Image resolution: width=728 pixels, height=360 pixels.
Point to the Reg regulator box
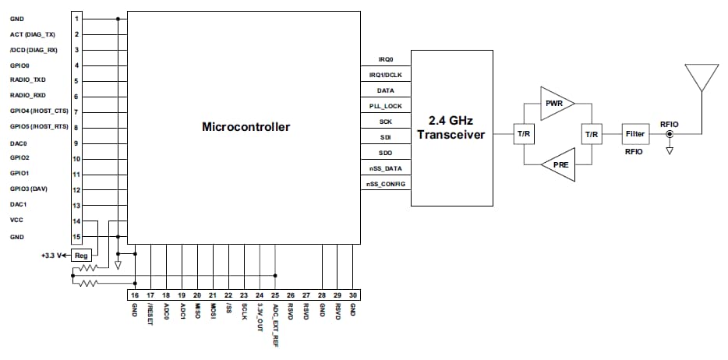(x=81, y=255)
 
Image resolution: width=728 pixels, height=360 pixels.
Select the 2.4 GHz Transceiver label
(x=451, y=128)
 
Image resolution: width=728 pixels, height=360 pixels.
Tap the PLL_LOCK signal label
(x=385, y=105)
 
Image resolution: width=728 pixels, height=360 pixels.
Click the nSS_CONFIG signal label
(x=385, y=184)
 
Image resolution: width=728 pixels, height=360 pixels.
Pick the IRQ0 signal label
(x=385, y=59)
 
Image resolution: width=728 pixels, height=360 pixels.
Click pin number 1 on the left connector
(x=76, y=18)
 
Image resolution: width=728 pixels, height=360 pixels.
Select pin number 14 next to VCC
(x=76, y=221)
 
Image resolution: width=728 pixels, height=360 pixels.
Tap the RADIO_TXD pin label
(x=28, y=80)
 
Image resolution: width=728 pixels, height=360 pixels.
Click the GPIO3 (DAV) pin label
(x=30, y=189)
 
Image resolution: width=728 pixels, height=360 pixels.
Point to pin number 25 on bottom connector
(x=274, y=295)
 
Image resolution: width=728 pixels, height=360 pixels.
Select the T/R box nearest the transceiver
(x=522, y=134)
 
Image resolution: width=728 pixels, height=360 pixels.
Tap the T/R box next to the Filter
(x=591, y=134)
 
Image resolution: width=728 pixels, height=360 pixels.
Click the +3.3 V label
(x=52, y=255)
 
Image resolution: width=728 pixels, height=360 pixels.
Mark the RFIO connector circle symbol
(x=669, y=134)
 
